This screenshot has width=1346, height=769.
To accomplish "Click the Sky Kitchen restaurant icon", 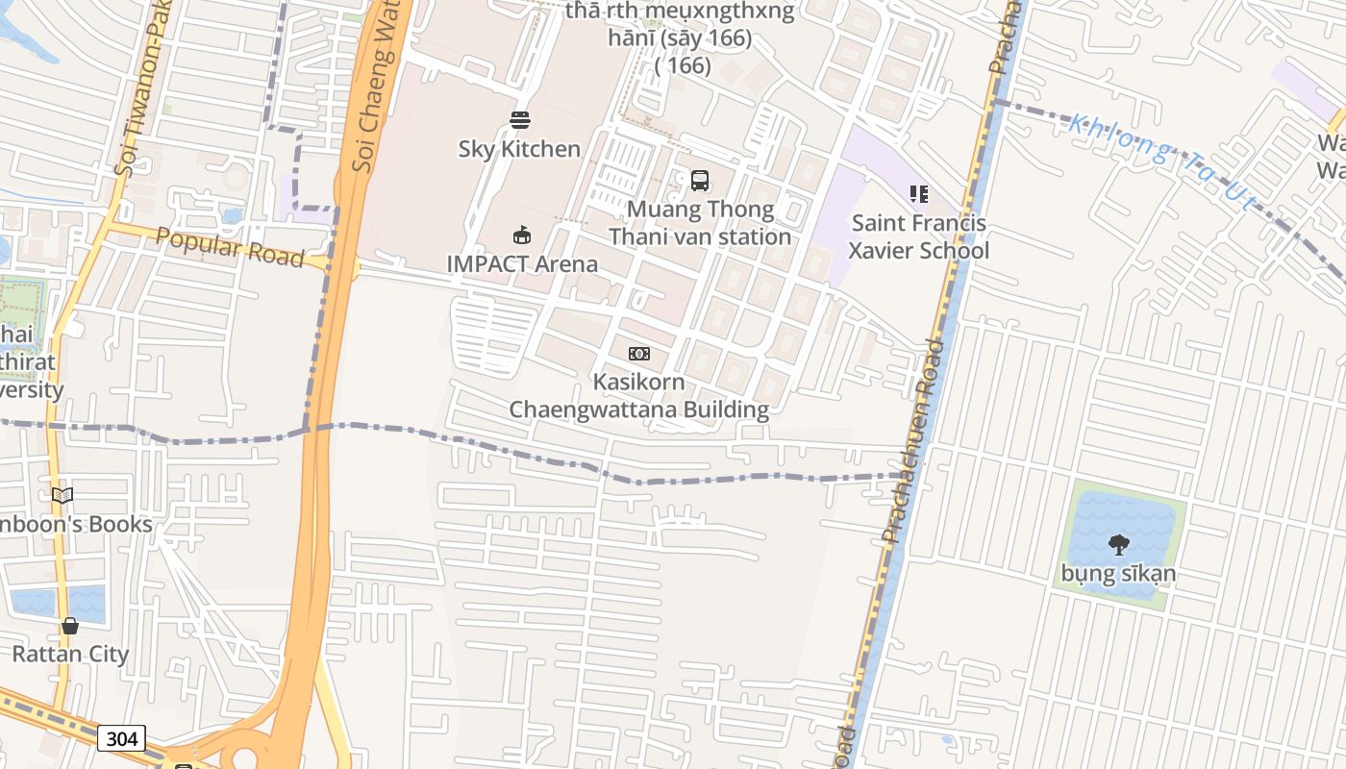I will pos(520,120).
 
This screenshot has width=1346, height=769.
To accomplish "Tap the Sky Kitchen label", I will pos(519,149).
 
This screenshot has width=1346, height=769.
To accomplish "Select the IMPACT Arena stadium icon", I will pos(522,235).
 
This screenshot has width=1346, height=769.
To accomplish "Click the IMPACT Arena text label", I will pos(522,263).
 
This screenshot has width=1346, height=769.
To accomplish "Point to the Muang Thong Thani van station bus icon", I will pos(700,181).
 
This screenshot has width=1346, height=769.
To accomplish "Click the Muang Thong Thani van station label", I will pos(700,223).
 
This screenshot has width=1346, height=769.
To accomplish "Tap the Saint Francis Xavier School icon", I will pos(919,195).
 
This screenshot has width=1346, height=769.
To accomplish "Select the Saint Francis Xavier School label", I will pos(918,237).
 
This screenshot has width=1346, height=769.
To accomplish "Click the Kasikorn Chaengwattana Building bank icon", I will pos(639,354).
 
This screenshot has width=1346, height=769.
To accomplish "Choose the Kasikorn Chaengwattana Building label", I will pos(639,396).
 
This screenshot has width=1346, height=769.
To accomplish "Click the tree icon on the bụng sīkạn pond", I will pos(1118,545).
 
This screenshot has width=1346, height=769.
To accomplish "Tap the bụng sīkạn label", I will pos(1118,575).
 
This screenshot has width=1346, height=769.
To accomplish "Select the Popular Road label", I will pos(230,248).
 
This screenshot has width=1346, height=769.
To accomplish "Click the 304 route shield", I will pos(121,738).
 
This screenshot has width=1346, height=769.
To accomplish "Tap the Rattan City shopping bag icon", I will pos(70,626).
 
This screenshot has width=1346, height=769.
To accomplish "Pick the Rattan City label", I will pos(69,655).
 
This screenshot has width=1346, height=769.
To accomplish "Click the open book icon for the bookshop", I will pos(62,495).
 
